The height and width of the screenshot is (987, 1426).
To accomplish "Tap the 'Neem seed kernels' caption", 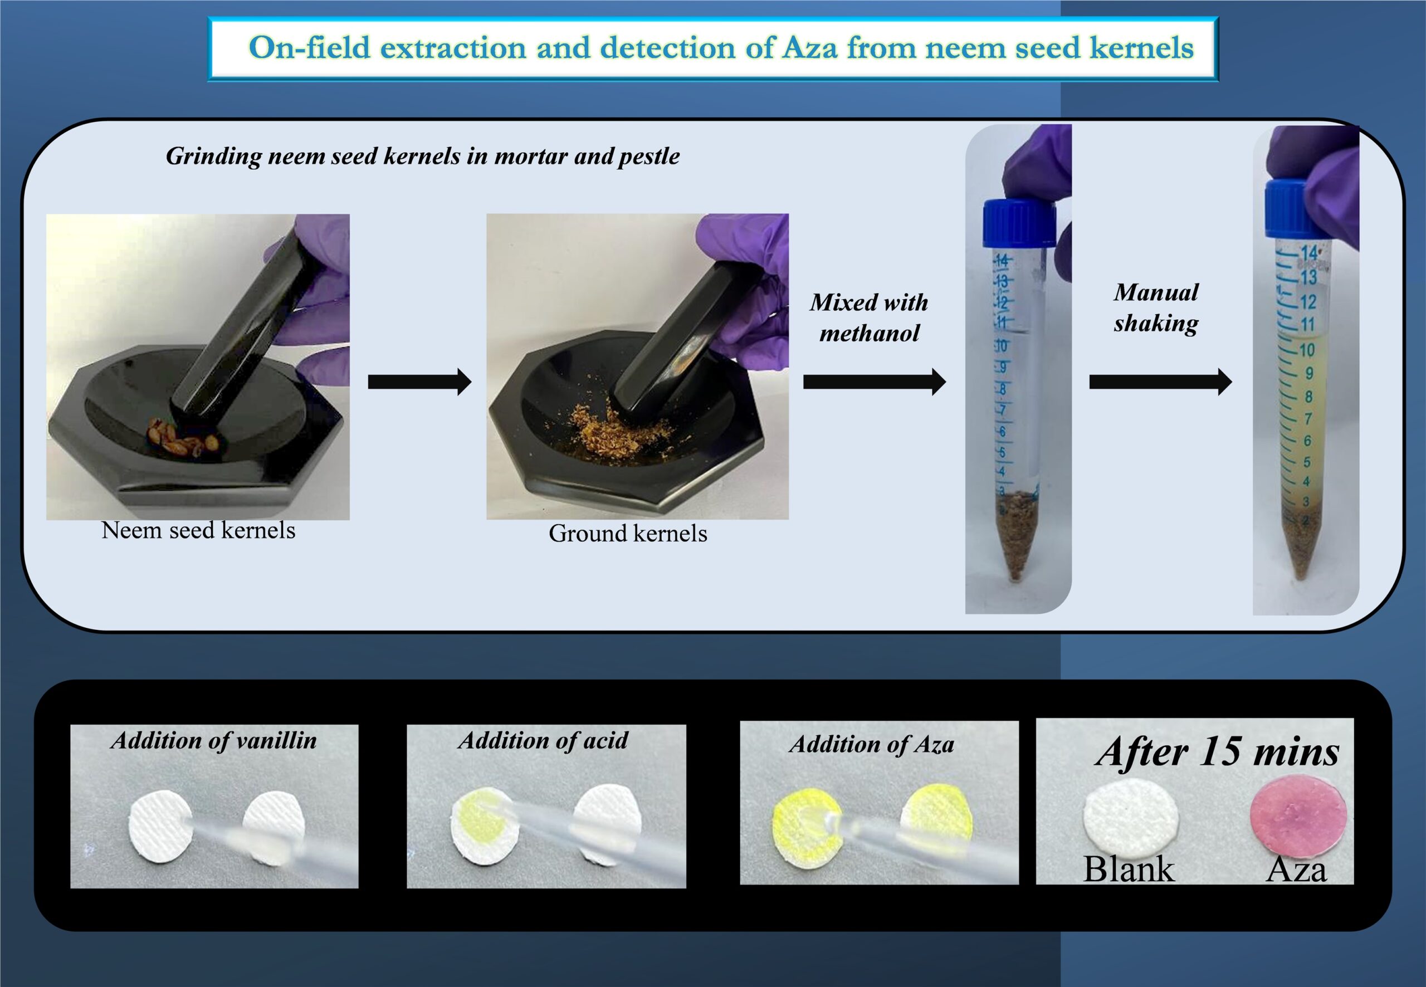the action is (198, 530).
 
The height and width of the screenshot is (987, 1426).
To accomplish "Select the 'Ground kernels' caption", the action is (628, 533).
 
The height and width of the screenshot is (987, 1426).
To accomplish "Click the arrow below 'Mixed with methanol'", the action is (875, 382).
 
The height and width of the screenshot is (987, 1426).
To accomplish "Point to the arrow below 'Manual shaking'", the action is (1160, 382).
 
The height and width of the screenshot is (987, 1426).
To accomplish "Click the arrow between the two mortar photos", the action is (420, 382).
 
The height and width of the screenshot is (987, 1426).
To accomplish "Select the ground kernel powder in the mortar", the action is (618, 427).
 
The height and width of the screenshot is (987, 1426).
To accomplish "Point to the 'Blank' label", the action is (1129, 869).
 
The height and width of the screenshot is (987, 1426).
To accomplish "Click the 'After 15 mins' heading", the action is (1217, 753).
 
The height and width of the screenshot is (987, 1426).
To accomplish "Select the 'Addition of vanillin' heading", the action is (214, 741).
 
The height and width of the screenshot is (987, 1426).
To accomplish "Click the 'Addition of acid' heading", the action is (543, 740).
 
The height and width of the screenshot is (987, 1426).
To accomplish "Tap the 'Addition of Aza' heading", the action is (871, 745).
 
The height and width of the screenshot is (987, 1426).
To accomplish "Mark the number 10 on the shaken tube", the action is (1307, 350).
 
